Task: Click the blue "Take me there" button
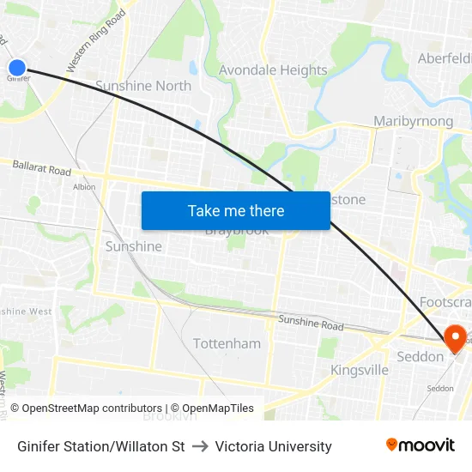(235, 210)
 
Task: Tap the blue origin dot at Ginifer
(17, 67)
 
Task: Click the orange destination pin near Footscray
(453, 337)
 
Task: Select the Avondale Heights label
(273, 70)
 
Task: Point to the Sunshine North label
(143, 86)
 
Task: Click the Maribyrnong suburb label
(414, 121)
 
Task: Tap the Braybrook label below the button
(237, 231)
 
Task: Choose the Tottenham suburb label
(227, 343)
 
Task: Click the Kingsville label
(360, 370)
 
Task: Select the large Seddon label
(419, 356)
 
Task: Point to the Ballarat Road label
(42, 167)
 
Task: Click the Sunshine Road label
(310, 324)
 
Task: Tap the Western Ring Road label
(96, 40)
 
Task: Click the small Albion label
(84, 186)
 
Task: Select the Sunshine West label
(26, 312)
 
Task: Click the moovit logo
(421, 445)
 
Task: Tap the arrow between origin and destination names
(200, 446)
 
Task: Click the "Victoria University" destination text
(273, 446)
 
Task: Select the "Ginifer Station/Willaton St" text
(101, 446)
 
